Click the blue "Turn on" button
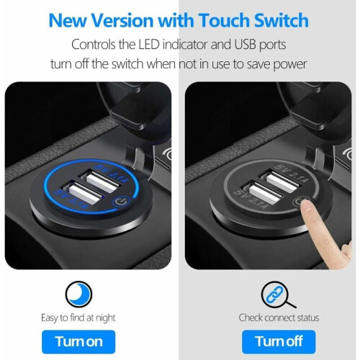(x=78, y=342)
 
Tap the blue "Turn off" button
(x=279, y=342)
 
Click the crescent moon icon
(x=78, y=294)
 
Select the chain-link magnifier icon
(x=279, y=294)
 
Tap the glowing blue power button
(x=122, y=202)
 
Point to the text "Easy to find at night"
(x=78, y=318)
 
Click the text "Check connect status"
(x=279, y=318)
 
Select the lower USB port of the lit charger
(x=83, y=194)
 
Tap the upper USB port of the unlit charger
(x=281, y=181)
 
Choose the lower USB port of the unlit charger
(x=263, y=194)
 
